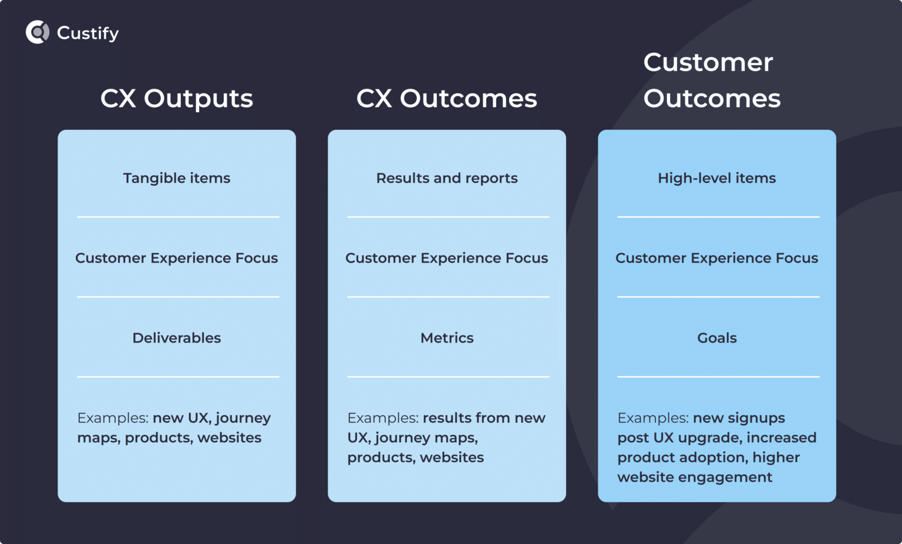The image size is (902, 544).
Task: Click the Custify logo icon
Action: (x=38, y=32)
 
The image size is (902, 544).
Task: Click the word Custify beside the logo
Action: (x=87, y=33)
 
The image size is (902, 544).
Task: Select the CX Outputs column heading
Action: (x=176, y=99)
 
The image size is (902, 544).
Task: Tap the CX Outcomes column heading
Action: (x=446, y=99)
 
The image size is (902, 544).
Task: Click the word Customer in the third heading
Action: (x=708, y=62)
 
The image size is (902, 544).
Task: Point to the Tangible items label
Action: (x=176, y=178)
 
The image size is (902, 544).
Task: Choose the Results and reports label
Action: (x=446, y=178)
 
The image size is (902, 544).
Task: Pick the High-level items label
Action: (x=716, y=178)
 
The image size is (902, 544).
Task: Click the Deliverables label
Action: (x=176, y=338)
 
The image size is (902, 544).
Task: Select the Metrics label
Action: (x=446, y=338)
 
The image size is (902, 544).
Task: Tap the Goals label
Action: (x=716, y=338)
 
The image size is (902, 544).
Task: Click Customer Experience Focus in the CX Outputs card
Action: (x=176, y=258)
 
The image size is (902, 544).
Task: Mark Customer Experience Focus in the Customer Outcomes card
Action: (x=716, y=258)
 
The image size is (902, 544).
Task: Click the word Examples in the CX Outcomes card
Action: (x=382, y=418)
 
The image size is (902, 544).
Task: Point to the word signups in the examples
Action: (x=756, y=418)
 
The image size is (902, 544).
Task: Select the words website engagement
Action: (x=695, y=477)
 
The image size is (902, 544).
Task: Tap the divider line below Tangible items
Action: (x=178, y=217)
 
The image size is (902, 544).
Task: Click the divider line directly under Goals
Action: (x=718, y=377)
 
